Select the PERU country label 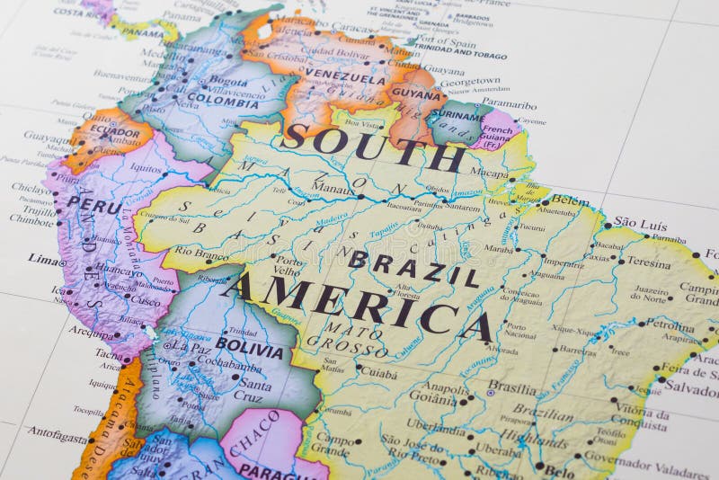pos(93,205)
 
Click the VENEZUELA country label pos(345,77)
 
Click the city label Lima pos(45,259)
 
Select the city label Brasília pos(512,387)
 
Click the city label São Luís pos(640,224)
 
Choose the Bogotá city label pos(228,82)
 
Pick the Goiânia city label pos(433,395)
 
